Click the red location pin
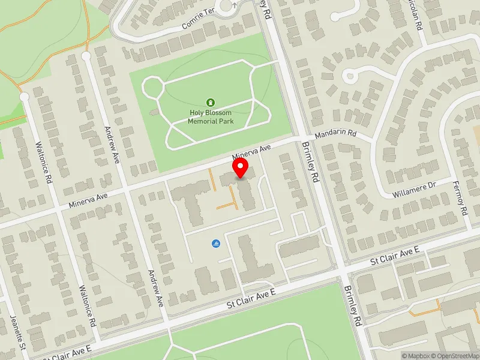coord(241,168)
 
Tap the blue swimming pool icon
coord(215,244)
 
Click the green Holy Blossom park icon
coord(210,102)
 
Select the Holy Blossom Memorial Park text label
coord(210,116)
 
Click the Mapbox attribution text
coord(416,356)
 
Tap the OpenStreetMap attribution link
coord(455,356)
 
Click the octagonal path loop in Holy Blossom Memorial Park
coord(154,88)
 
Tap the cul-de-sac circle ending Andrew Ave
coord(86,56)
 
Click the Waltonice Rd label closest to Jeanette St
coord(87,305)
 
